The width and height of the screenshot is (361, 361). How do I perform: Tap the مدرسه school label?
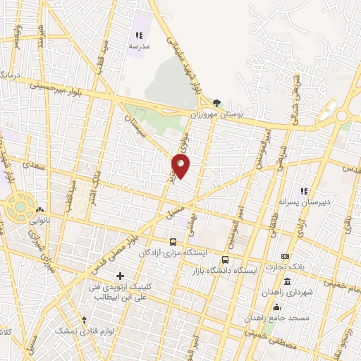click(x=139, y=46)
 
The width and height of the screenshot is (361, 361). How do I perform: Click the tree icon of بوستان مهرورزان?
click(x=217, y=102)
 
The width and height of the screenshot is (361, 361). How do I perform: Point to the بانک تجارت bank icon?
click(x=285, y=256)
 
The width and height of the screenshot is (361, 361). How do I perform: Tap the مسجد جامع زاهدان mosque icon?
click(x=277, y=306)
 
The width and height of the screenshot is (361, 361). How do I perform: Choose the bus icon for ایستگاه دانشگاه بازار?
click(x=226, y=259)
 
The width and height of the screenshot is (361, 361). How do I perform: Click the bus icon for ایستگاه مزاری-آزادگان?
click(x=173, y=242)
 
